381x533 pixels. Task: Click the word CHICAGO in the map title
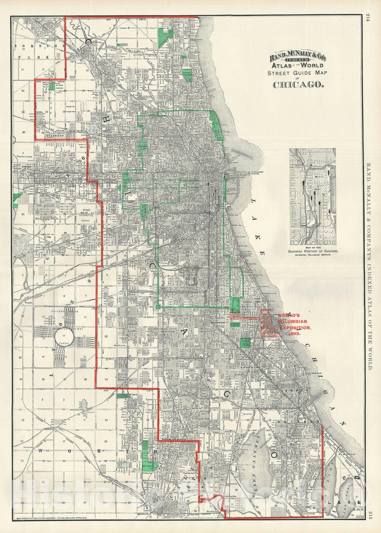pos(298,84)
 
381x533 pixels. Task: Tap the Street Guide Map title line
pos(298,72)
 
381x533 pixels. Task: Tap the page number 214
pos(368,17)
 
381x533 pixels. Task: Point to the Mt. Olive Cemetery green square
pos(52,86)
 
